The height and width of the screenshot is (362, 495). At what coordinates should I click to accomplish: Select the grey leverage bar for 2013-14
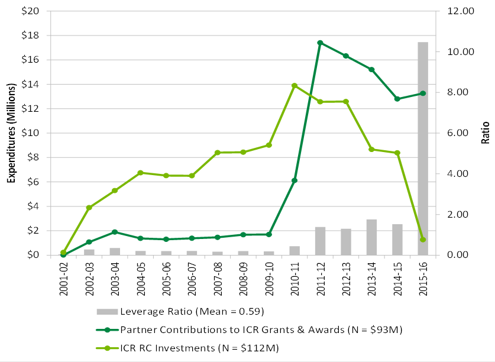point(371,237)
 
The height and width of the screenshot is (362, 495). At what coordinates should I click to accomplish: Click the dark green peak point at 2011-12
point(320,43)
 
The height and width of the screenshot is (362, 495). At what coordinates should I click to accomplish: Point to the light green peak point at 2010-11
point(295,85)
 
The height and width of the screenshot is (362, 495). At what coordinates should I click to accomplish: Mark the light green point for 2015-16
point(423,240)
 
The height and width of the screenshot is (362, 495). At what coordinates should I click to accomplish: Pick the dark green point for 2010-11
point(295,180)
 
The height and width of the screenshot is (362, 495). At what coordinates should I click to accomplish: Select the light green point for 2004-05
point(140,173)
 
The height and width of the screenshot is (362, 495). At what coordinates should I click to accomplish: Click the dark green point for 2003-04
point(115,232)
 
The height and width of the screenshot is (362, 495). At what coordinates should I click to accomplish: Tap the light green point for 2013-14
point(371,149)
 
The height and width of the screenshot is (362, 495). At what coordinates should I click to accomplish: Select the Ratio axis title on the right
point(486,133)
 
